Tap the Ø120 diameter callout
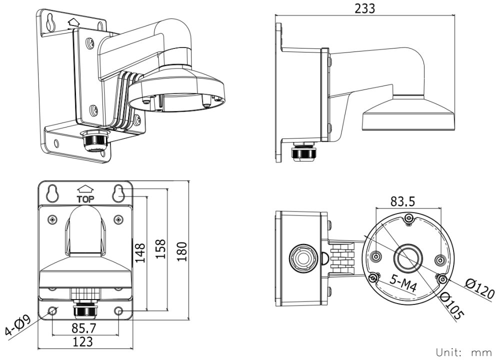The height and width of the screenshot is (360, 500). coord(479,288)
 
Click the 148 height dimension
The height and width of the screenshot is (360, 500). coord(139,252)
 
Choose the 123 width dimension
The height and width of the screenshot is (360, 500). coord(82,342)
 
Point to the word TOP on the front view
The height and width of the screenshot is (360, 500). coord(85,198)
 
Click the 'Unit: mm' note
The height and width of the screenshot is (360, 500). coord(463,351)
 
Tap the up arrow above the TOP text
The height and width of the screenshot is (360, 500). coord(85,189)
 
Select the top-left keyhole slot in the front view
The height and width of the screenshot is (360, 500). coord(52,192)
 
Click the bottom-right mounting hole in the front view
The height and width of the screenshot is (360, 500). coord(118,311)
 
